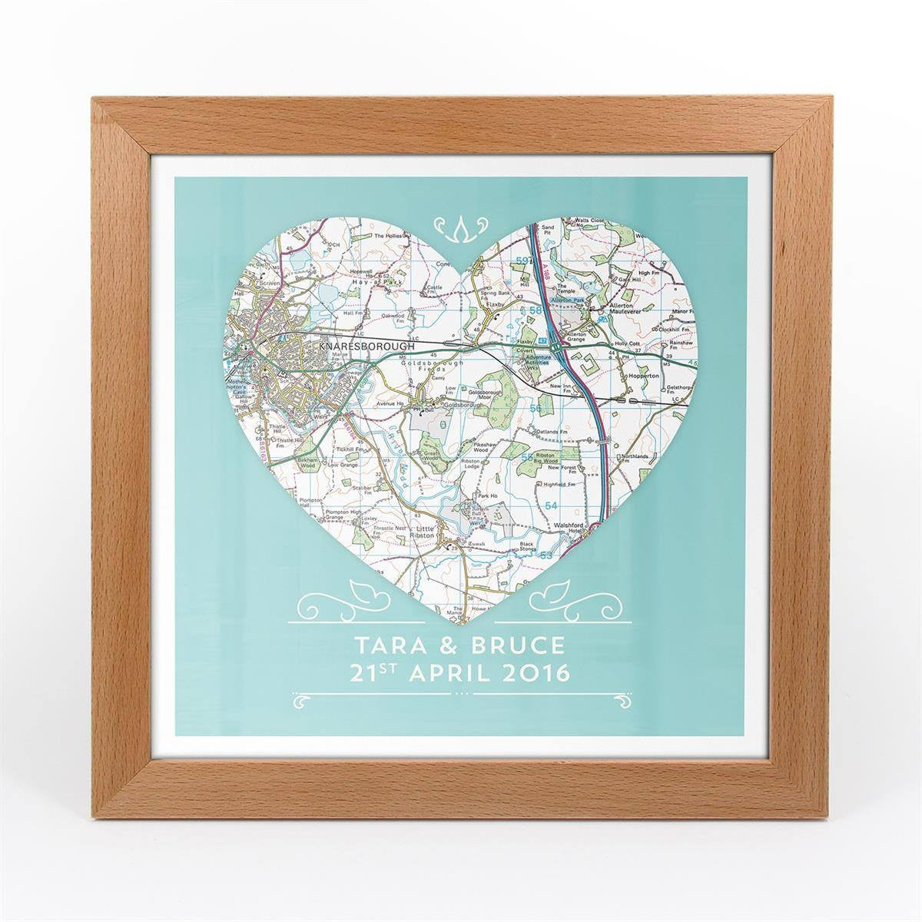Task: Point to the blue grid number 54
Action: pyautogui.click(x=550, y=504)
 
